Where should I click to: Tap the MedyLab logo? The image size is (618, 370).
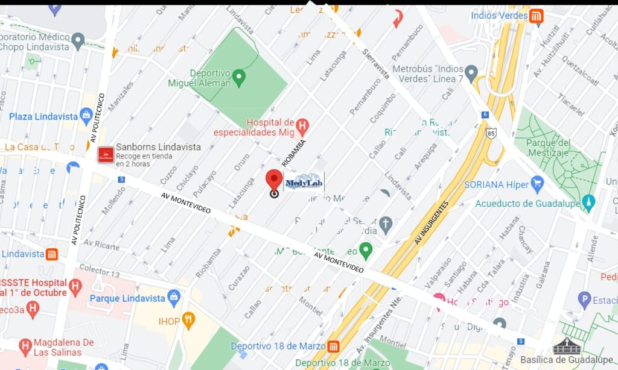pos(304,183)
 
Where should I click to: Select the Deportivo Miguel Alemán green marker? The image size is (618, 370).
pos(239,77)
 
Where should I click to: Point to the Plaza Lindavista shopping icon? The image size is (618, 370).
pos(86,116)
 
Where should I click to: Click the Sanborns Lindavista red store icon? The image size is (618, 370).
pos(106,155)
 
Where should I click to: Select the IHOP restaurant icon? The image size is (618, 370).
pos(189,320)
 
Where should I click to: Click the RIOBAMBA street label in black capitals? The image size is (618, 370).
pos(294,152)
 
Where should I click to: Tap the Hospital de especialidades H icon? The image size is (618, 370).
pos(302,127)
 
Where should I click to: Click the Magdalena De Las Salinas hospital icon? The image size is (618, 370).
pos(25,346)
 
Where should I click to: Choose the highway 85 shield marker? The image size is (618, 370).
pos(492,132)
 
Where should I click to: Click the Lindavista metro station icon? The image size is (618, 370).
pos(53,254)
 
